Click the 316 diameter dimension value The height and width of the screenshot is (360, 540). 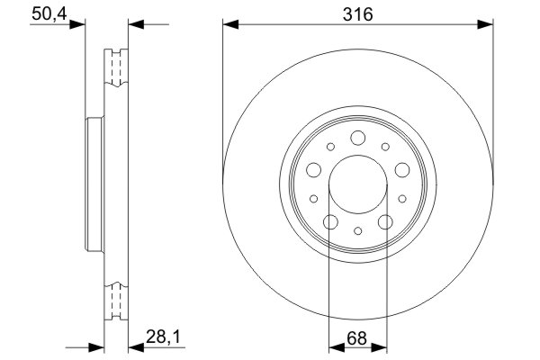point(358,13)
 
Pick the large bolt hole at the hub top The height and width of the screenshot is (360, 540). point(357,138)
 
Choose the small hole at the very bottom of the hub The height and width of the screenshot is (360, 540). point(357,231)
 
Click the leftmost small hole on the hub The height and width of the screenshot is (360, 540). point(312,200)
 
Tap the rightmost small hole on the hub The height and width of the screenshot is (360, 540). point(402,200)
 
